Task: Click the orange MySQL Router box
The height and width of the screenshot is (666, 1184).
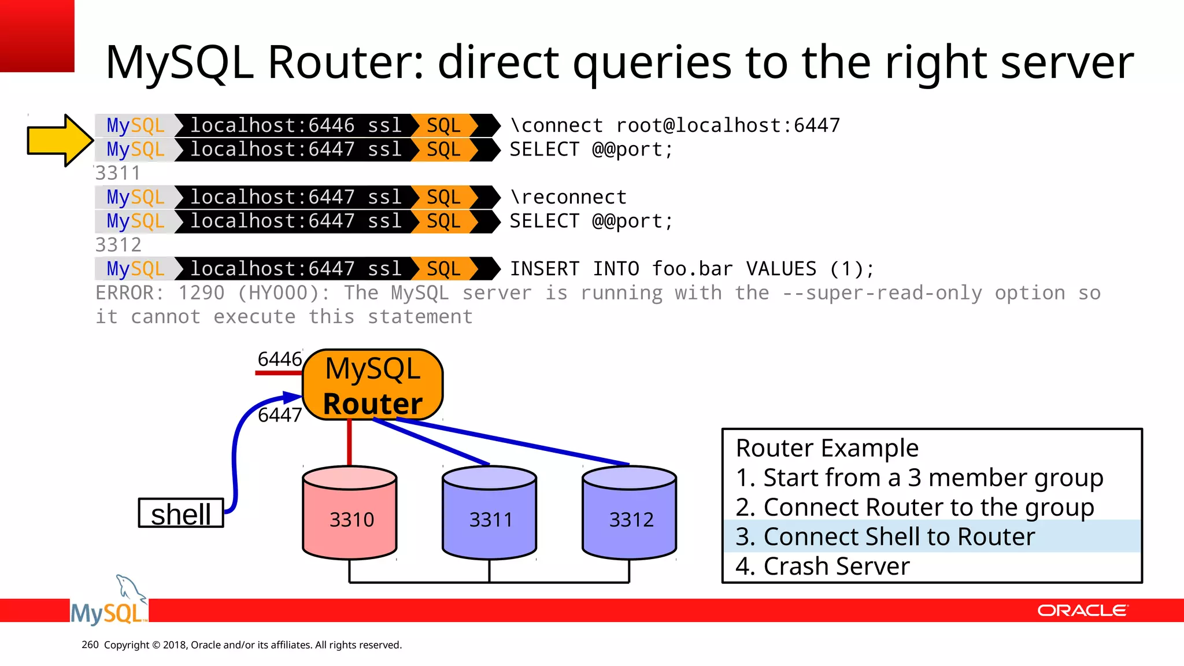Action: [373, 385]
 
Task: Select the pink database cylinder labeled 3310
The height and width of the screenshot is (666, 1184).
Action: [350, 513]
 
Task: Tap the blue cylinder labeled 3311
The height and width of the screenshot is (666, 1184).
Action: [490, 513]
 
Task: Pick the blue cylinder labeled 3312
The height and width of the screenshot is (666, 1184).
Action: [630, 513]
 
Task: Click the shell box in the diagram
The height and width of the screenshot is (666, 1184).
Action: [181, 513]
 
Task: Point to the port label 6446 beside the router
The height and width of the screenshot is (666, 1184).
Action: [280, 359]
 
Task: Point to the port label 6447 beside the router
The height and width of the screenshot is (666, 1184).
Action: [280, 415]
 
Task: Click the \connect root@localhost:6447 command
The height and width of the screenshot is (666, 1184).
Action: [675, 125]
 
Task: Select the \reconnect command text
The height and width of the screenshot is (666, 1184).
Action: [568, 197]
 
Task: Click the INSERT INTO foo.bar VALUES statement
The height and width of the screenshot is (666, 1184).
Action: [691, 269]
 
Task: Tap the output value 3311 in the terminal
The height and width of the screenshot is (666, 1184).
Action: [118, 173]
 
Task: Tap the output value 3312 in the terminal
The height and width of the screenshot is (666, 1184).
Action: [118, 245]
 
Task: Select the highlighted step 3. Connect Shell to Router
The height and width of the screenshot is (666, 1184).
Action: [885, 536]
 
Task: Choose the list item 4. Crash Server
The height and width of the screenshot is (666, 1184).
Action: [822, 566]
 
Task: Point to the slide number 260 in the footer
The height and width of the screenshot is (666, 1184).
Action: [90, 645]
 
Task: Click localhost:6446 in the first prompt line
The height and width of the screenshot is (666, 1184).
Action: [272, 125]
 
